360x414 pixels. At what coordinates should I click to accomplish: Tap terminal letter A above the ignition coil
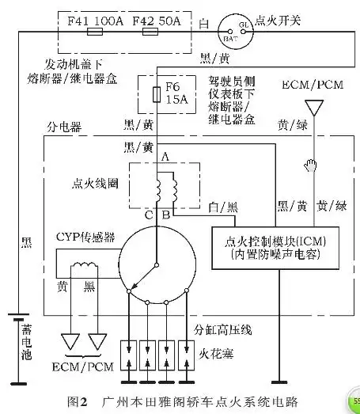click(165, 158)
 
